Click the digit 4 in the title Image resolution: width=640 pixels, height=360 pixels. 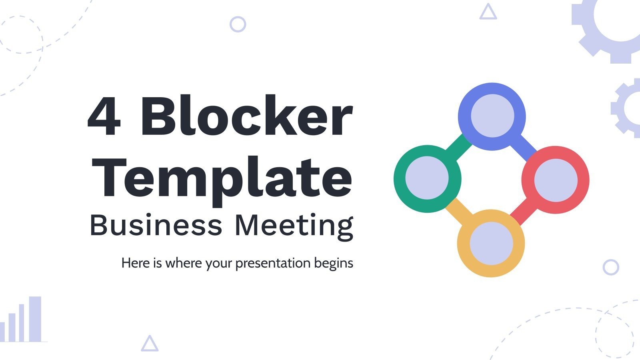tap(104, 117)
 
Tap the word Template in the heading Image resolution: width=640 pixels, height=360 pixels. tap(224, 178)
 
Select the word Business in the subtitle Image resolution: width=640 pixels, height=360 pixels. tap(156, 225)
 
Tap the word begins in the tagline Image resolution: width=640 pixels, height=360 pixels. tap(334, 264)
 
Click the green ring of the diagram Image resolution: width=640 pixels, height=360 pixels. tap(400, 178)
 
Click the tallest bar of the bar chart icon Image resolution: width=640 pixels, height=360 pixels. tap(35, 319)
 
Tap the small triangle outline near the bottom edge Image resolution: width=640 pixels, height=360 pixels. tap(150, 344)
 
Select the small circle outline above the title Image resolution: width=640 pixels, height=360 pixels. tap(238, 24)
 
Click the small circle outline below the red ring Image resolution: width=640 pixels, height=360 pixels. tap(610, 267)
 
